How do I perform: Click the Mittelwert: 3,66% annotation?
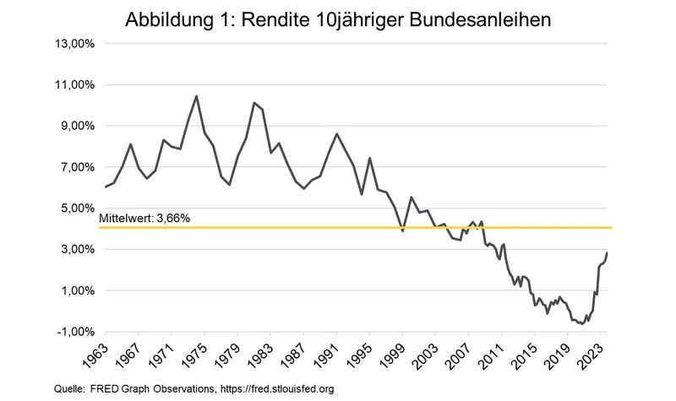point(144,218)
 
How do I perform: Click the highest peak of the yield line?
point(196,96)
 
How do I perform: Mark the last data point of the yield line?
point(607,253)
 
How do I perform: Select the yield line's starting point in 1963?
point(106,187)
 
